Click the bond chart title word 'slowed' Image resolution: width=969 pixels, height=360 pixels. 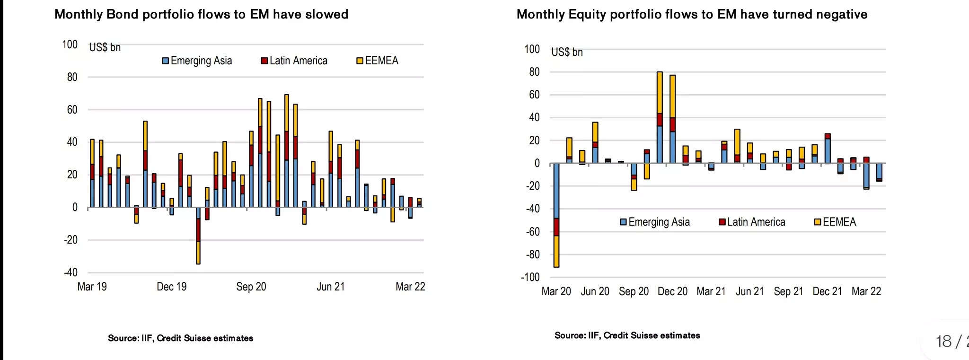pos(326,14)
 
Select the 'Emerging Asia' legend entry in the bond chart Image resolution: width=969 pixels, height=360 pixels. pos(197,61)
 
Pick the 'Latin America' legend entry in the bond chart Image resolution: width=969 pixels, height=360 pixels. pos(294,61)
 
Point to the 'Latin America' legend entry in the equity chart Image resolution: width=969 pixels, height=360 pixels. pos(752,222)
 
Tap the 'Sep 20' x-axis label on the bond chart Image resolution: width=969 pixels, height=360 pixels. pos(251,287)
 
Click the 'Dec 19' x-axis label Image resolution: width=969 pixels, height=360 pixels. pos(172,287)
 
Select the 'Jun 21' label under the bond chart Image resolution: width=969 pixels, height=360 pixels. pos(331,287)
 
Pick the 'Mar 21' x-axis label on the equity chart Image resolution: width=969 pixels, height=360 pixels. pos(711,291)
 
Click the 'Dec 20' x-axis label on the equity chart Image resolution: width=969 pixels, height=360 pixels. pos(672,291)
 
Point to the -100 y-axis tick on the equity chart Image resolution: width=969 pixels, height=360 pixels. pos(530,277)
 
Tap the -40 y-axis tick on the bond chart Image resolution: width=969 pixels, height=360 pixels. pos(71,272)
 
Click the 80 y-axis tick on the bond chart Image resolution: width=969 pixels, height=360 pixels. pos(72,77)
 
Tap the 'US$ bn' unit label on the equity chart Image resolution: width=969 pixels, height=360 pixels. pos(567,52)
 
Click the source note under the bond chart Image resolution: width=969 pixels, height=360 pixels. pos(180,338)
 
